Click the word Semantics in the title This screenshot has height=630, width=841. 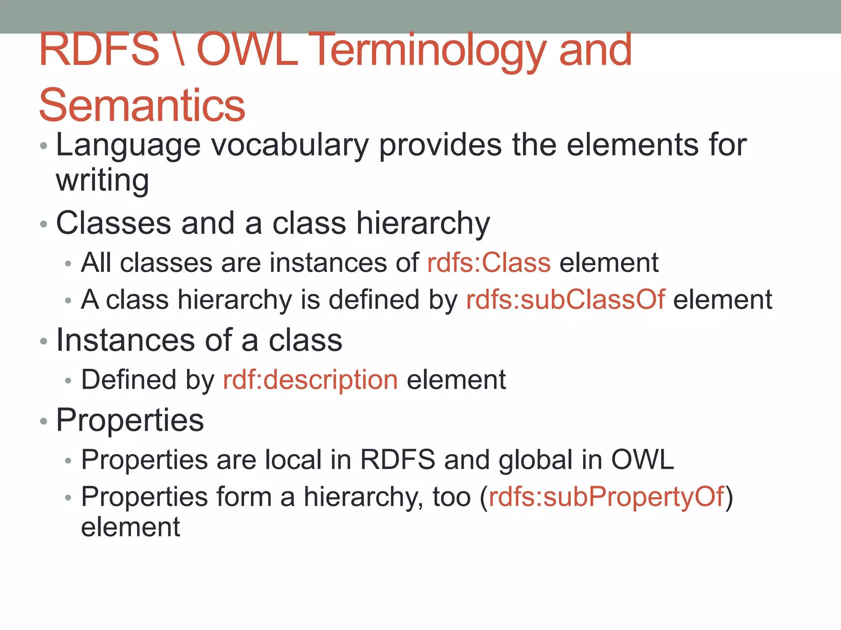(x=142, y=105)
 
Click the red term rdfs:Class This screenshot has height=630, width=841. (x=489, y=262)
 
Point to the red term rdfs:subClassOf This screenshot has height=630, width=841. (x=565, y=299)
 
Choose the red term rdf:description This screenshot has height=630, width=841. (x=310, y=379)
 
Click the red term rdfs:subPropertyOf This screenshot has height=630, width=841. (x=606, y=497)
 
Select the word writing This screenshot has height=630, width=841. (x=102, y=180)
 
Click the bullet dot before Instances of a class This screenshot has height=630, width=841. (x=44, y=341)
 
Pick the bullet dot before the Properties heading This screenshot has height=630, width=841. (x=44, y=421)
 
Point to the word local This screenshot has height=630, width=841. (x=293, y=459)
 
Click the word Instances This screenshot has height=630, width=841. (x=125, y=340)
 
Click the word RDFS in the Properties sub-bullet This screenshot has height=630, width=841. (x=398, y=459)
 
